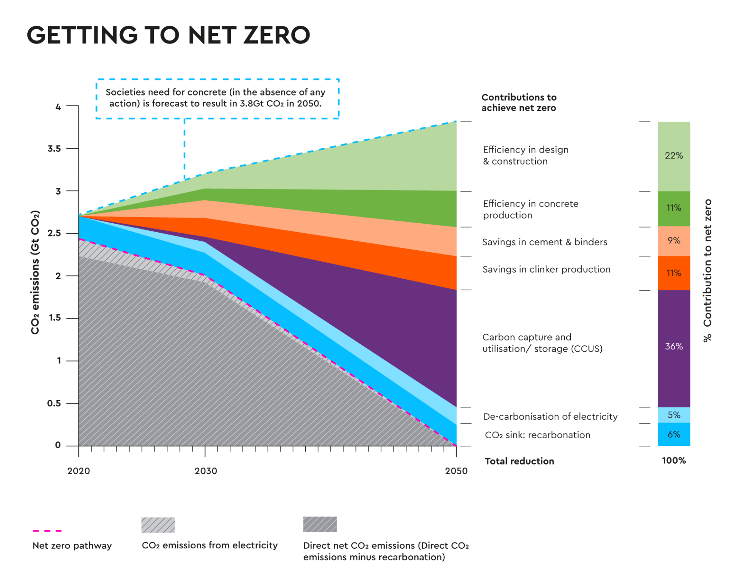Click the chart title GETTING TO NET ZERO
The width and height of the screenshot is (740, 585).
point(168,35)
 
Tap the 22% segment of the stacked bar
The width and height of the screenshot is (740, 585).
point(674,156)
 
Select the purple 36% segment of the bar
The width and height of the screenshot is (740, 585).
point(674,347)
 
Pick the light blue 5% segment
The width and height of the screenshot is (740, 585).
point(674,415)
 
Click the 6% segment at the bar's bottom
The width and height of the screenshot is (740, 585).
point(674,435)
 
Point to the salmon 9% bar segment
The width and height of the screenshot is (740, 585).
point(674,241)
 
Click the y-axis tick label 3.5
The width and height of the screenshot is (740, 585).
point(54,149)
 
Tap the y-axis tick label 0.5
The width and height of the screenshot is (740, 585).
point(54,403)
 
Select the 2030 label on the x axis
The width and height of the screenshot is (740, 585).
point(206,471)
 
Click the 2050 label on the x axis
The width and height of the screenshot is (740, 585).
point(456,471)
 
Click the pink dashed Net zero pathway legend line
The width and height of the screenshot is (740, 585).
point(48,531)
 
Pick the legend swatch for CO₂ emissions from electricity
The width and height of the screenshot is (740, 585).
point(158,525)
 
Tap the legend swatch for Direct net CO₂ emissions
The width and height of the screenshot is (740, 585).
point(320,525)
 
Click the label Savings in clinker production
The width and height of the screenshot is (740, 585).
point(546,269)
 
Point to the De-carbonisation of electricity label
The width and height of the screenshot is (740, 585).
point(550,416)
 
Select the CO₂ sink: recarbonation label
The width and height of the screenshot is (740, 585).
point(537,435)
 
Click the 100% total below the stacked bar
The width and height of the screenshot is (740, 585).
point(674,461)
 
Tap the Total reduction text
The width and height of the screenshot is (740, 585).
point(519,461)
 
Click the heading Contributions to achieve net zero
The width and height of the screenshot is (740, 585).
point(518,102)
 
